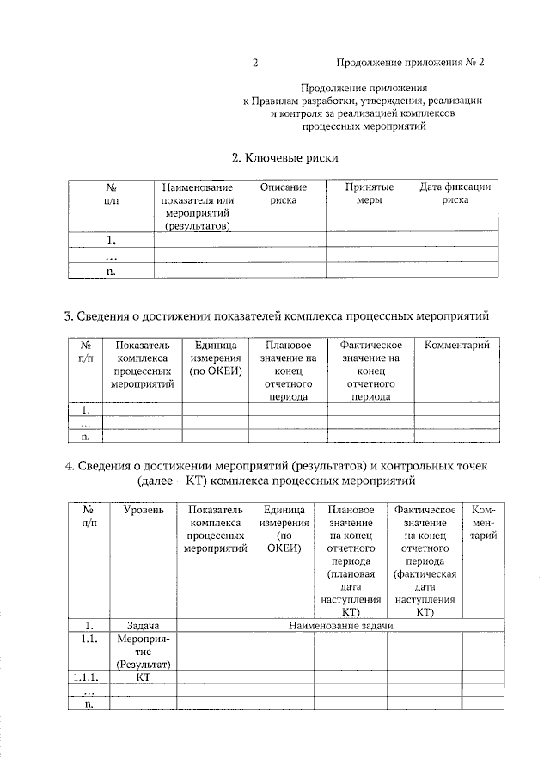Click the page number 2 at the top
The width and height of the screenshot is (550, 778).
[x=255, y=63]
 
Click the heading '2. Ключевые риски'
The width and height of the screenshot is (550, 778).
[x=285, y=158]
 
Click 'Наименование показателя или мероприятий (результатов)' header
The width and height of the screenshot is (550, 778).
[x=197, y=206]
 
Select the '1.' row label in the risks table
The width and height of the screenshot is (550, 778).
[x=111, y=240]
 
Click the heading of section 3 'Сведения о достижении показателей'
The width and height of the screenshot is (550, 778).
[x=280, y=317]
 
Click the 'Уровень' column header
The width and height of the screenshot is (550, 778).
[x=144, y=511]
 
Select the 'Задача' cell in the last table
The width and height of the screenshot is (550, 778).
[x=144, y=626]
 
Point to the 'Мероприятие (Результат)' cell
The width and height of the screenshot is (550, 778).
[x=144, y=652]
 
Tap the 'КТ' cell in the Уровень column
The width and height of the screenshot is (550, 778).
[x=144, y=677]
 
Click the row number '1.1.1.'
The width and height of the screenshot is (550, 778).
[x=89, y=677]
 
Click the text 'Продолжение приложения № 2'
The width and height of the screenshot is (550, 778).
[x=410, y=63]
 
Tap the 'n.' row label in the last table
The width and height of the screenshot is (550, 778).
[x=89, y=703]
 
